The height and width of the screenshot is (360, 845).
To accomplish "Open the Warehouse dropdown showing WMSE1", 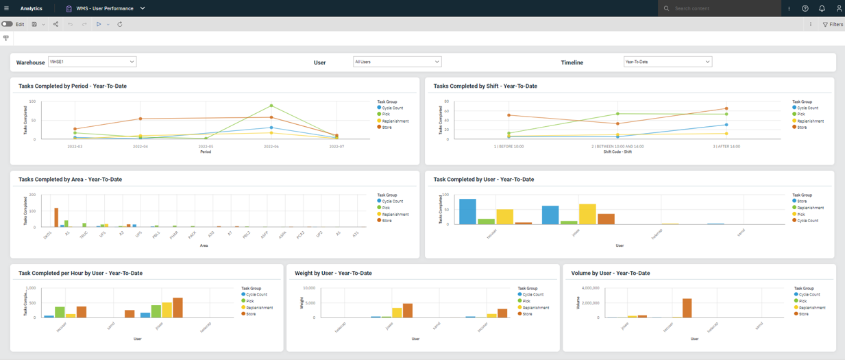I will pyautogui.click(x=92, y=62).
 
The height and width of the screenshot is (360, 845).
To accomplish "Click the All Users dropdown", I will pyautogui.click(x=397, y=62).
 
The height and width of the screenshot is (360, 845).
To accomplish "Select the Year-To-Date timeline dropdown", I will pyautogui.click(x=668, y=62).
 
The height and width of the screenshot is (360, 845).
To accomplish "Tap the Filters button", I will pyautogui.click(x=833, y=25).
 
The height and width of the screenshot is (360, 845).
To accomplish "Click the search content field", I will pyautogui.click(x=723, y=8).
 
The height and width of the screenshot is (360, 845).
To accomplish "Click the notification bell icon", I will pyautogui.click(x=822, y=8).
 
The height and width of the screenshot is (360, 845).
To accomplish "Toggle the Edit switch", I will pyautogui.click(x=7, y=24).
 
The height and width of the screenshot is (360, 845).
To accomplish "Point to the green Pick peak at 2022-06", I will pyautogui.click(x=271, y=106).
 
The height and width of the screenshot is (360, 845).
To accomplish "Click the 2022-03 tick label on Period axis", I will pyautogui.click(x=75, y=146).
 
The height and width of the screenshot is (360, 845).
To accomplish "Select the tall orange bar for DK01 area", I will pyautogui.click(x=56, y=217).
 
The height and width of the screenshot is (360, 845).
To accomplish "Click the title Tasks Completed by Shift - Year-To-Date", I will pyautogui.click(x=485, y=86).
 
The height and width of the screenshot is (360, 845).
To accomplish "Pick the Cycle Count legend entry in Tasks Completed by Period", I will pyautogui.click(x=391, y=108).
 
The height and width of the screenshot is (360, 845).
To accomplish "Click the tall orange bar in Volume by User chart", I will pyautogui.click(x=687, y=308).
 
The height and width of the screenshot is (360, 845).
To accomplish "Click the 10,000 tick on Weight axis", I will pyautogui.click(x=308, y=289).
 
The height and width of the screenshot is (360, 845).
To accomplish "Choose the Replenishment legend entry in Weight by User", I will pyautogui.click(x=536, y=308).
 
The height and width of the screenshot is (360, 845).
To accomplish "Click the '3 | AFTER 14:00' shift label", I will pyautogui.click(x=726, y=146).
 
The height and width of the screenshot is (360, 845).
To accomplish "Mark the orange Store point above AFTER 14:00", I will pyautogui.click(x=726, y=108).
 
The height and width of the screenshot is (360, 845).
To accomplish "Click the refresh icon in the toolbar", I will pyautogui.click(x=120, y=24).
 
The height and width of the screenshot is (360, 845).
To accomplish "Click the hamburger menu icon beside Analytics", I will pyautogui.click(x=6, y=8).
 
